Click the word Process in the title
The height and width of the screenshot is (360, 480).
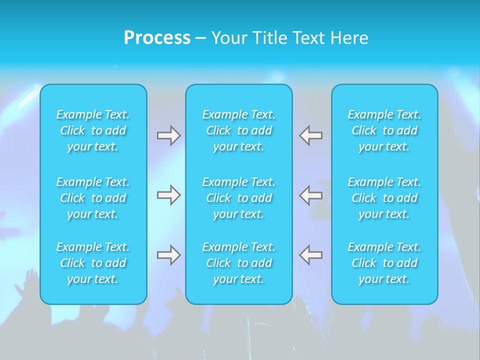pos(157,38)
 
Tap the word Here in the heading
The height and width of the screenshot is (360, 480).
pos(349,38)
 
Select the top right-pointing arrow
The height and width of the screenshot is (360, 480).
pos(169,135)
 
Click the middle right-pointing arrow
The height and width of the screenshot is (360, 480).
pos(169,195)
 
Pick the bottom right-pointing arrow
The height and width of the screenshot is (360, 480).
pos(169,255)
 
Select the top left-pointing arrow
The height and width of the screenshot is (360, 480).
pos(311,135)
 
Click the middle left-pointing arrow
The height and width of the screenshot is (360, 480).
pos(311,195)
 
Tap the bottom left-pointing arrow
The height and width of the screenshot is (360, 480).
pos(311,255)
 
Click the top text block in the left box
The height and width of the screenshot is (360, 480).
pos(93,130)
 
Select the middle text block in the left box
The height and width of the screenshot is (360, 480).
pos(93,198)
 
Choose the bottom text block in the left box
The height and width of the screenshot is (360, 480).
pos(93,263)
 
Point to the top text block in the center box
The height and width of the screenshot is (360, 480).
pos(239,130)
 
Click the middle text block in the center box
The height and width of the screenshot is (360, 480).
pos(239,198)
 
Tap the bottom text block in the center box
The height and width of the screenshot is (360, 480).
pos(239,263)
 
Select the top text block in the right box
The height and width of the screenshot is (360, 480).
pos(384,130)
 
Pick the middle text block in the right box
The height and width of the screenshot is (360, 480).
pos(384,198)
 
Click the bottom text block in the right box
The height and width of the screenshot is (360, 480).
pos(384,263)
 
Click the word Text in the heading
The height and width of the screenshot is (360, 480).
pos(308,38)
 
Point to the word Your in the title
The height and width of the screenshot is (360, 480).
pos(229,38)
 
